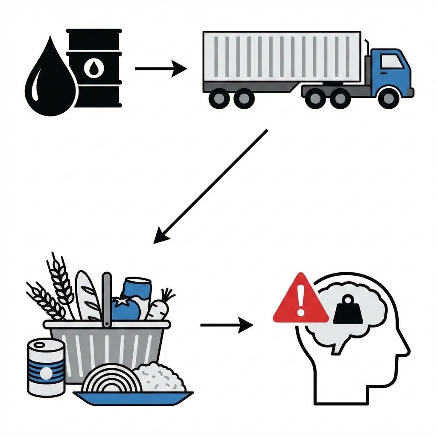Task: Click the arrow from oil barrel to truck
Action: pos(160,68)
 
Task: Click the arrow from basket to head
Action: pos(226,326)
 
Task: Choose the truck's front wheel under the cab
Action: pos(388,98)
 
